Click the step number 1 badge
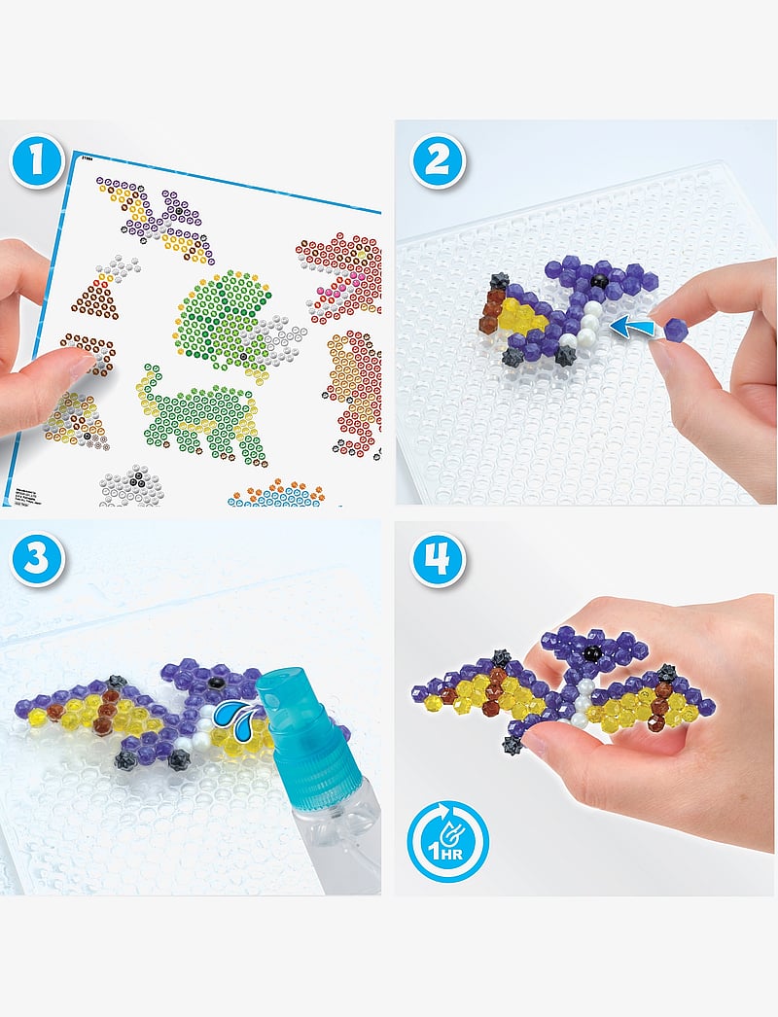click(x=37, y=161)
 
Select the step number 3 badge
click(x=37, y=560)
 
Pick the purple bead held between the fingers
click(x=676, y=331)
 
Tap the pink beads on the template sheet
click(x=336, y=287)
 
